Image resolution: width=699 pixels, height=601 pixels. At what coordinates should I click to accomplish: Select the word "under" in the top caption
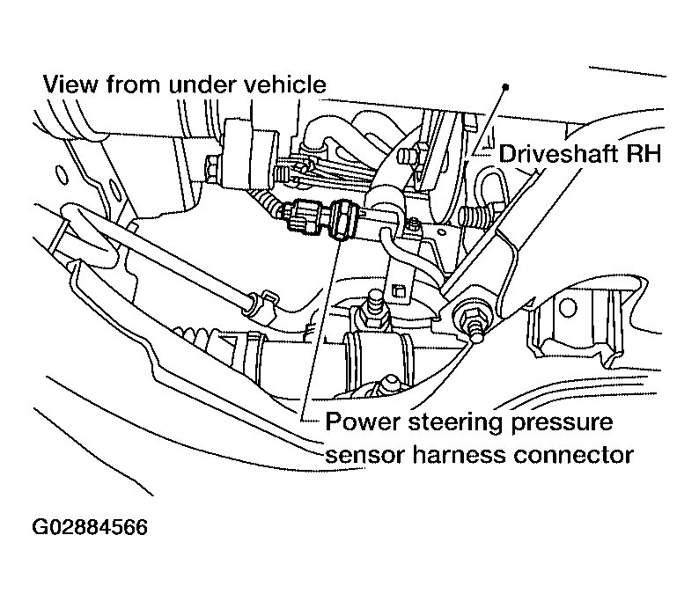199,85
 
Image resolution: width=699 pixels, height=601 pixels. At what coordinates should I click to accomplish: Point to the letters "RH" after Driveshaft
644,154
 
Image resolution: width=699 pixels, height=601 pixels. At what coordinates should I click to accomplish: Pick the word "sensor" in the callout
357,455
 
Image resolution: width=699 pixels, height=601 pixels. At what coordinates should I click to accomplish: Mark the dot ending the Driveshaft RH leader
505,86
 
